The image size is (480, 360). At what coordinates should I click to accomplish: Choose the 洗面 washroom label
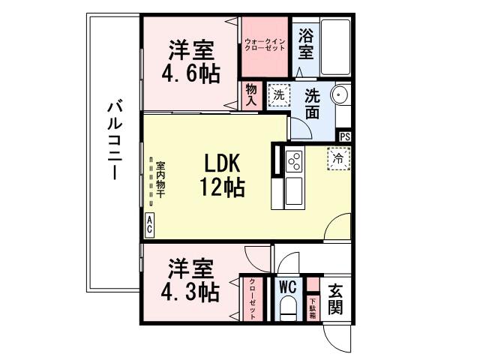click(x=313, y=105)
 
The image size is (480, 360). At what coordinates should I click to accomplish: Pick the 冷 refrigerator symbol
click(x=338, y=158)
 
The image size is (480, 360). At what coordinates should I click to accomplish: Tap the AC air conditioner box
click(x=149, y=223)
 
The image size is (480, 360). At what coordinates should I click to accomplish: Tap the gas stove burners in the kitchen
click(x=293, y=160)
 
